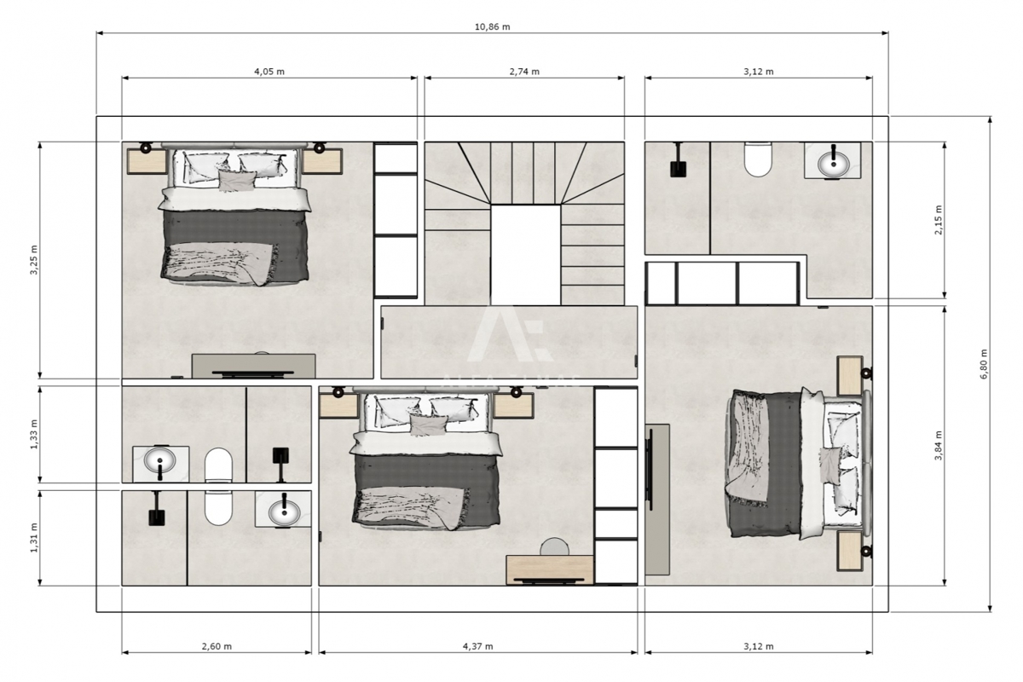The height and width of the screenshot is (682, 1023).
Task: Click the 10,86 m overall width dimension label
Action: pos(492,26)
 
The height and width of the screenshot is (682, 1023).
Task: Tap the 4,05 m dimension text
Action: pos(269,72)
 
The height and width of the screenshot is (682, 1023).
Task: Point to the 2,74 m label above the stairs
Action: pos(524,72)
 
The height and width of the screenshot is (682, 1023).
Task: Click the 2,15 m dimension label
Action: pos(939,220)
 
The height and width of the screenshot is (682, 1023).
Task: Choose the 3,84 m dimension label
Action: pos(939,445)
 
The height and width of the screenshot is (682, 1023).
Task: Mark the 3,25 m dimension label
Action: pos(34,260)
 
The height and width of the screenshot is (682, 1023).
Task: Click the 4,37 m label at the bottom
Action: pos(478,646)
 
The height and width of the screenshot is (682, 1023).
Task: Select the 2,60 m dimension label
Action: pos(217,646)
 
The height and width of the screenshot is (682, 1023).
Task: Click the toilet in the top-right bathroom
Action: pos(757,159)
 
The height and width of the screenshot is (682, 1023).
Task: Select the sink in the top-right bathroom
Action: pos(831,160)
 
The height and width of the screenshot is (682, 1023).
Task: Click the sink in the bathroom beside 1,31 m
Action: pos(283,511)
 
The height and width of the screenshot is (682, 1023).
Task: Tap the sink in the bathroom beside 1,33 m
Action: pos(160,463)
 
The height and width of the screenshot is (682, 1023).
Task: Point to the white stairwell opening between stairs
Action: pos(525,254)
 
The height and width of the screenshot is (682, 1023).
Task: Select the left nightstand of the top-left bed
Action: pos(142,160)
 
